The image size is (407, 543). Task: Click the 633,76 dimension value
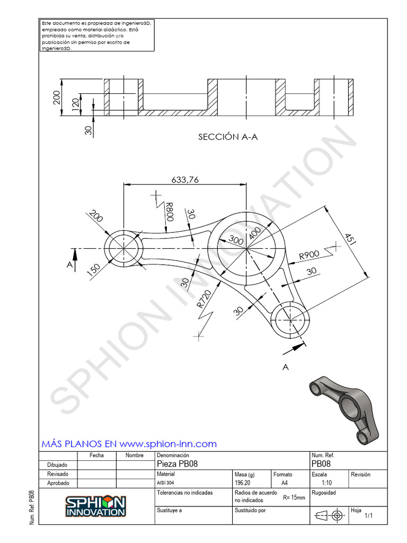[185, 180]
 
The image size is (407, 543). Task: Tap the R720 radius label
[204, 299]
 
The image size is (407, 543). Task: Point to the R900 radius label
[309, 255]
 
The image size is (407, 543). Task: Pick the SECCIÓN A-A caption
[228, 137]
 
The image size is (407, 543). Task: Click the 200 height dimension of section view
[57, 97]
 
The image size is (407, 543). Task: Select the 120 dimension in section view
[75, 103]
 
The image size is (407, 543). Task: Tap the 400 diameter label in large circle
[255, 233]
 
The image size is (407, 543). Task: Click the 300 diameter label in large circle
[236, 240]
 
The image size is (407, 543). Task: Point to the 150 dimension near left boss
[93, 270]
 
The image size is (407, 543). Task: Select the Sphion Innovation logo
[95, 506]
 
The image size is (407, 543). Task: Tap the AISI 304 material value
[165, 484]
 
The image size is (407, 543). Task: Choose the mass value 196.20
[243, 484]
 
